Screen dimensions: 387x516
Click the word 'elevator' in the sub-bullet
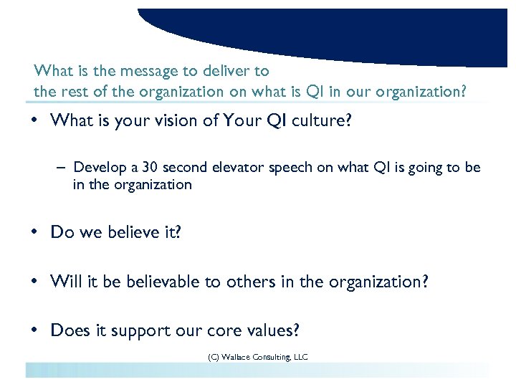pyautogui.click(x=240, y=168)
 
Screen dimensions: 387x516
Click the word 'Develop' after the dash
pyautogui.click(x=99, y=168)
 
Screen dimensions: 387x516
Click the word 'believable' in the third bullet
pyautogui.click(x=162, y=282)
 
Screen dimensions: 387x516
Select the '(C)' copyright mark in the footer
pyautogui.click(x=213, y=356)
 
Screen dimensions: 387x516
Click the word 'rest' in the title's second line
pyautogui.click(x=72, y=91)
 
